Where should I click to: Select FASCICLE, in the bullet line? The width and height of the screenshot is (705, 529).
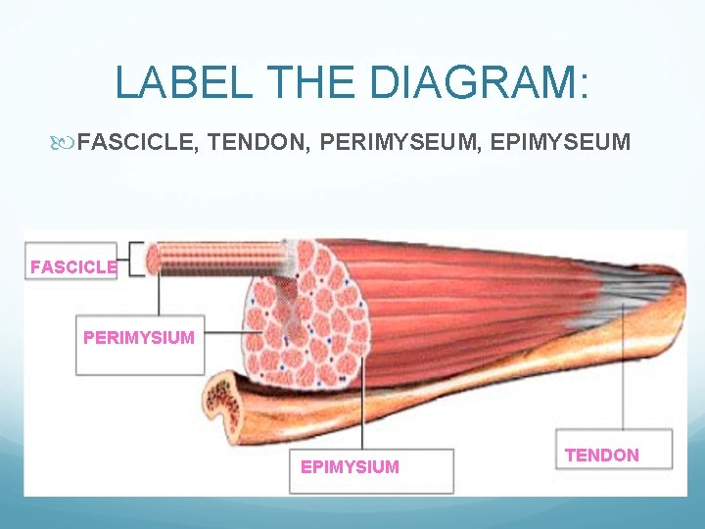[140, 144]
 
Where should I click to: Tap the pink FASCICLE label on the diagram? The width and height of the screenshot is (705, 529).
[73, 266]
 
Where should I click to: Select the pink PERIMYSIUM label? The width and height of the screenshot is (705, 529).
[138, 338]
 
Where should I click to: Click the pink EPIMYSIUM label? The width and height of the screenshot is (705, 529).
[350, 467]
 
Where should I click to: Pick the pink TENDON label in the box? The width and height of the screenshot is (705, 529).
[602, 456]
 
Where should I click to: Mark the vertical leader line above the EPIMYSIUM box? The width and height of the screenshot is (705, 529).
[363, 411]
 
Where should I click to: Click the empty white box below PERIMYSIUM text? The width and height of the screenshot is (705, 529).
[139, 361]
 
